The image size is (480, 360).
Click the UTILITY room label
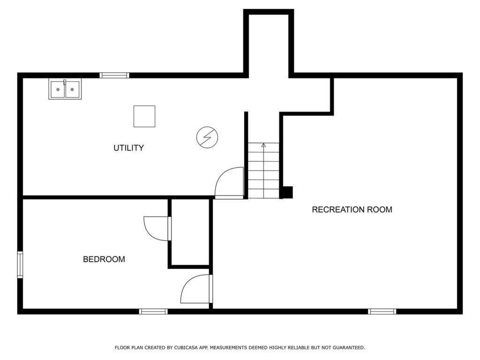(128, 148)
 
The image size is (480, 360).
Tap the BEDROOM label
(104, 259)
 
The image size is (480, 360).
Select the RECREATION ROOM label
(352, 210)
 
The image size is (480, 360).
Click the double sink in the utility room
(65, 89)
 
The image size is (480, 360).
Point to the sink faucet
(65, 82)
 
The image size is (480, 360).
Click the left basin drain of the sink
(58, 90)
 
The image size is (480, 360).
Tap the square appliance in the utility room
(144, 116)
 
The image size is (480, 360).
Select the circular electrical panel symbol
(207, 137)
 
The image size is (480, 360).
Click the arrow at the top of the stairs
(263, 145)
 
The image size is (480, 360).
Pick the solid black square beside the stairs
(287, 192)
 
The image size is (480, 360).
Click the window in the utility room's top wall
(114, 75)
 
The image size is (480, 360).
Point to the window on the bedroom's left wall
(20, 264)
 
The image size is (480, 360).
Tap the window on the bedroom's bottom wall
(153, 311)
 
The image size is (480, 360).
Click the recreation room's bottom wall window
(382, 311)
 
